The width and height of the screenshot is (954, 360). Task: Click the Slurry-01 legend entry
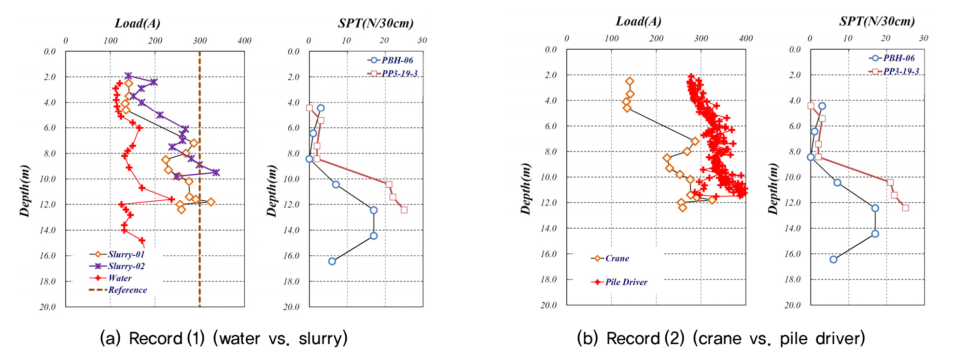pos(126,254)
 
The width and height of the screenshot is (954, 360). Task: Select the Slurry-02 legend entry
pos(126,266)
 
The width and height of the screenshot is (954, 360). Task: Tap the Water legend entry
pos(120,278)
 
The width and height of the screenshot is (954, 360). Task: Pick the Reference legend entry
pos(127,290)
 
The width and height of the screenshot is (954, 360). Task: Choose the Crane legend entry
pos(617,258)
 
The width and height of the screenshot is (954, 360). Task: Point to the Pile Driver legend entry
pos(626,282)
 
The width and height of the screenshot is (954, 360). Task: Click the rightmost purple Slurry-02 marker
pos(216,172)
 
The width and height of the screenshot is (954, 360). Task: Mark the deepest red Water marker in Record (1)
pos(142,240)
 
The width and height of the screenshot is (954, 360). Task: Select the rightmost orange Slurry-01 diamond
pos(210,202)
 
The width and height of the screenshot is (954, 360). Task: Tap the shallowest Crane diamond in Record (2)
pos(630,81)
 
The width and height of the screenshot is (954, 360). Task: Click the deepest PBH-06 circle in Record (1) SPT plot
pos(332,261)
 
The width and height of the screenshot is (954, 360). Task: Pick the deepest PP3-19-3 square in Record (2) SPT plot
pos(905,208)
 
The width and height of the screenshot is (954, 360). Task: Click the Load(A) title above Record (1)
pos(137,23)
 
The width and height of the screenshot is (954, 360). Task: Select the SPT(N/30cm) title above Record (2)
pos(877,21)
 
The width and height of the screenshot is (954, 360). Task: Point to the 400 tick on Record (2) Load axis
pos(746,39)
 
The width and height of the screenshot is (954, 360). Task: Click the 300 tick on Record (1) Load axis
pos(200,41)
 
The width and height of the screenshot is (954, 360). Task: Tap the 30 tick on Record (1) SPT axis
pos(422,41)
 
